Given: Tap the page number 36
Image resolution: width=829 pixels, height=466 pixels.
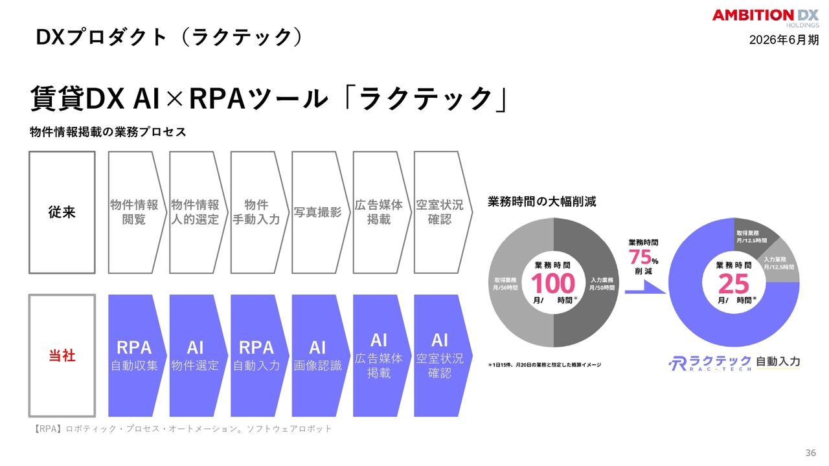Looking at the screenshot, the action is (x=810, y=452).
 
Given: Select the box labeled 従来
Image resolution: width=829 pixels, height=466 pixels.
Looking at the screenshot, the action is (x=62, y=212).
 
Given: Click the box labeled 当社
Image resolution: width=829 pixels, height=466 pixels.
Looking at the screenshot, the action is (x=62, y=355).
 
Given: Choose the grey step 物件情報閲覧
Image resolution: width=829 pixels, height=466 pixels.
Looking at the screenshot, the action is (x=137, y=212).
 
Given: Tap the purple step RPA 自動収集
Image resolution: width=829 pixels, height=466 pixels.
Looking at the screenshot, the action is (x=137, y=355).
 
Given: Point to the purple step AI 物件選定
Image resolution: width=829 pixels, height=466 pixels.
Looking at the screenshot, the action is (x=198, y=355).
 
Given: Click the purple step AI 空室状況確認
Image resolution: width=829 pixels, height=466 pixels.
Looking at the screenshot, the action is (x=443, y=355).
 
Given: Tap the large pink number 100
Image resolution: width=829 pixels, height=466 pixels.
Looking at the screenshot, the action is (x=553, y=283).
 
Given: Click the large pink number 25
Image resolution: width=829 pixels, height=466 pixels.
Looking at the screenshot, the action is (x=734, y=283).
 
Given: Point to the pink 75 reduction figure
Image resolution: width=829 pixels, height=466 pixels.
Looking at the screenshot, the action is (x=640, y=257).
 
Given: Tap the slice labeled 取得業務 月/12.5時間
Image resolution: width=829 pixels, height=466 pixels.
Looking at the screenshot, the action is (x=753, y=236).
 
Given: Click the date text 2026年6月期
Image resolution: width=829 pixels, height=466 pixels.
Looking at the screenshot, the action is (x=784, y=40).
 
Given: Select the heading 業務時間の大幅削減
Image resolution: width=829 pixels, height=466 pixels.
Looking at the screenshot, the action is (x=542, y=201).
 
